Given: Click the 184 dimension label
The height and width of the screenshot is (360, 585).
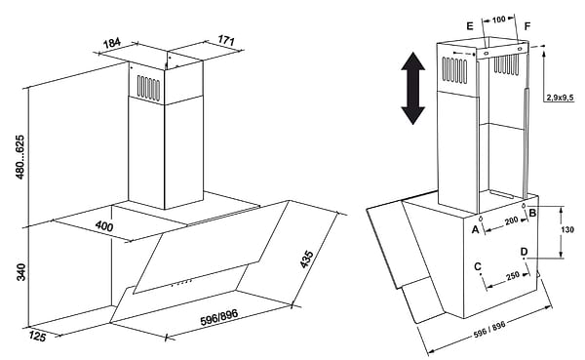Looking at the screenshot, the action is pyautogui.click(x=112, y=43).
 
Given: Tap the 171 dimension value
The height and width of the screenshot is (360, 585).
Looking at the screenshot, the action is pyautogui.click(x=226, y=40).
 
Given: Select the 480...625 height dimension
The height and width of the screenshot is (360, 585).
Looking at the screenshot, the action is pyautogui.click(x=19, y=157).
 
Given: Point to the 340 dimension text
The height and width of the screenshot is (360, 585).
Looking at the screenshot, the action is pyautogui.click(x=20, y=272).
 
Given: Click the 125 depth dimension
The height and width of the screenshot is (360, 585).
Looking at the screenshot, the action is pyautogui.click(x=37, y=337).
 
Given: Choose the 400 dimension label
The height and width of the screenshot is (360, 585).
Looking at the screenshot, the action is pyautogui.click(x=104, y=225).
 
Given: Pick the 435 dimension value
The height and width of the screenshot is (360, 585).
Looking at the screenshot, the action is pyautogui.click(x=307, y=260).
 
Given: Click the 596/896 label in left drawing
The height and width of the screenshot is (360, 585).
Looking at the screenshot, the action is pyautogui.click(x=219, y=317).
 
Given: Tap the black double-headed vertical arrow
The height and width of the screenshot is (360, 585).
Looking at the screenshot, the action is pyautogui.click(x=413, y=89).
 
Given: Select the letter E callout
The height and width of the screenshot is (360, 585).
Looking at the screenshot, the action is pyautogui.click(x=470, y=25).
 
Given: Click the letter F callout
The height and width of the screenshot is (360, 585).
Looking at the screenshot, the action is pyautogui.click(x=527, y=26).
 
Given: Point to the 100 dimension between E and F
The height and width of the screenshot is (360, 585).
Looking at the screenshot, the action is pyautogui.click(x=499, y=20).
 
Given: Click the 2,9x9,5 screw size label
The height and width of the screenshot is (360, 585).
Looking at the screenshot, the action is pyautogui.click(x=560, y=98).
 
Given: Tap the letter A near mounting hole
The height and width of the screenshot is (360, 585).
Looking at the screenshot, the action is pyautogui.click(x=475, y=229).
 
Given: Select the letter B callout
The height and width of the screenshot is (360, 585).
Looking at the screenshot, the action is pyautogui.click(x=532, y=213).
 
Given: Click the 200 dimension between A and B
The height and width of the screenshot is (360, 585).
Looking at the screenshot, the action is pyautogui.click(x=512, y=220).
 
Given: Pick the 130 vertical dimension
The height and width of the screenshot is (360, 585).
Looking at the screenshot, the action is pyautogui.click(x=567, y=229).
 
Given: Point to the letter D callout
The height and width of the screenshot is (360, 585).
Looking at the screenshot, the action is pyautogui.click(x=525, y=252).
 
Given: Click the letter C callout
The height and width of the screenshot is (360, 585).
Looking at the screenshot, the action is pyautogui.click(x=478, y=266).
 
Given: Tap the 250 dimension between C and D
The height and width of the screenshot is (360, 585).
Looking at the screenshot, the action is pyautogui.click(x=513, y=275).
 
